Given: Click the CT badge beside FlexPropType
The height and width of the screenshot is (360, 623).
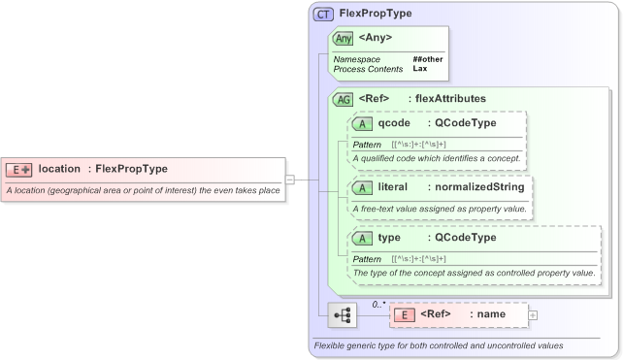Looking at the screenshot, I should [324, 15].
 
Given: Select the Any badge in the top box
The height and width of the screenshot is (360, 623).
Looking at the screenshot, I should [344, 39].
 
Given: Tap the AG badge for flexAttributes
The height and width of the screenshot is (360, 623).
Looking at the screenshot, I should [344, 99].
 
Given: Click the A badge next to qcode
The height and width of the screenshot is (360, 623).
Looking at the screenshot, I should [363, 123].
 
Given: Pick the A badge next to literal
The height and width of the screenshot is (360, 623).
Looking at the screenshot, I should [363, 186].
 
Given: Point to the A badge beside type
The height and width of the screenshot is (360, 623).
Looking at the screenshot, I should [363, 238].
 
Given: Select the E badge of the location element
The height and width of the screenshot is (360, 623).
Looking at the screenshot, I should [19, 169].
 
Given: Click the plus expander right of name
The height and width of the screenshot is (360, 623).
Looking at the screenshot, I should [533, 314].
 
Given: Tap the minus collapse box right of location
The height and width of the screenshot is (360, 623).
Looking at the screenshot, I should [289, 179].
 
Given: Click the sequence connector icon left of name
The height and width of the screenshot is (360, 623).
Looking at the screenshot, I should [343, 315].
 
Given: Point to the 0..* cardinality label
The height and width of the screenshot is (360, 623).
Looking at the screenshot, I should [379, 304].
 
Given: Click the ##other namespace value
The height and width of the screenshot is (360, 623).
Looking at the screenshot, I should [428, 59].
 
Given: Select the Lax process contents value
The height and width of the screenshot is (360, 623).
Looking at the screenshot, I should [420, 69].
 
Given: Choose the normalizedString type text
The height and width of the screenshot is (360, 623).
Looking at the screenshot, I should [480, 186].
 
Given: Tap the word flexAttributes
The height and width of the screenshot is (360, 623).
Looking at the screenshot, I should [450, 98].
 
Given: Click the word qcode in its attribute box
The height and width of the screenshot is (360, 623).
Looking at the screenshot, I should [394, 123].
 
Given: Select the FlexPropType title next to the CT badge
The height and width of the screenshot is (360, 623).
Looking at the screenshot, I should [376, 14].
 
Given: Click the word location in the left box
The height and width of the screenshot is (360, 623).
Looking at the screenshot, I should [59, 169].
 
